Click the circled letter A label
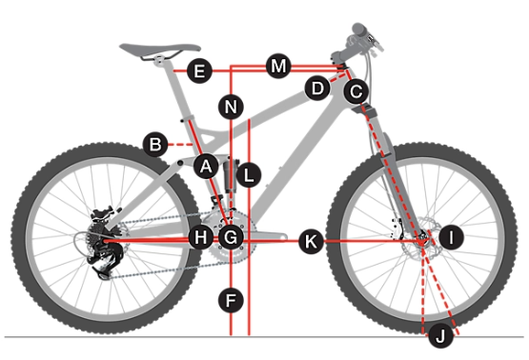[206, 166]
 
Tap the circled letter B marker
[155, 145]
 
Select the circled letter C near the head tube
[356, 91]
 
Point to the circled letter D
[317, 89]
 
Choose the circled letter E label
[199, 70]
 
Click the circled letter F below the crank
[231, 300]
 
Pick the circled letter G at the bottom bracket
[231, 237]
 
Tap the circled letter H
[201, 237]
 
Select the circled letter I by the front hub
[452, 237]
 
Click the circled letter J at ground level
[440, 336]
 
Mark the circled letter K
[311, 241]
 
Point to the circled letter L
[249, 175]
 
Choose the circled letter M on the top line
[278, 66]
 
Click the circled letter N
[231, 107]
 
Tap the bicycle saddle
[160, 49]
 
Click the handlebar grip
[361, 30]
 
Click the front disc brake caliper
[396, 230]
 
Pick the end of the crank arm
[283, 237]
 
